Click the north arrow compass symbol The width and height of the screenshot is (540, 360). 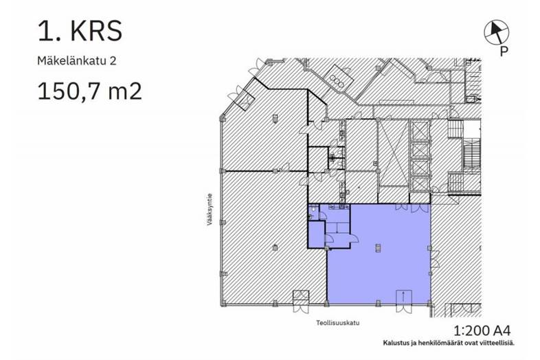[496, 32]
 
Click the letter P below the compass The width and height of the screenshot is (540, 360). [504, 52]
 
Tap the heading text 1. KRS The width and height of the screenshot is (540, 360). [80, 31]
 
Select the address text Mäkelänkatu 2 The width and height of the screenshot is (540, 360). [77, 61]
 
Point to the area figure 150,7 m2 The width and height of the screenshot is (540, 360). [89, 91]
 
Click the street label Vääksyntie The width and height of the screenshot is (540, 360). [210, 210]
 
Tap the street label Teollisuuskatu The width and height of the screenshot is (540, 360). [338, 323]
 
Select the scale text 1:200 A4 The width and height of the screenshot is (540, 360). [482, 330]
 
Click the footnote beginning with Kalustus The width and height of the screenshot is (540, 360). [449, 343]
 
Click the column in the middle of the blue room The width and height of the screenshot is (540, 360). [378, 248]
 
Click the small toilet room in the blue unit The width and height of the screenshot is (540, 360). [313, 212]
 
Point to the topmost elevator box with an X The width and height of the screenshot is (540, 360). [420, 131]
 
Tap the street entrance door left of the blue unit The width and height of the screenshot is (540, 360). [301, 301]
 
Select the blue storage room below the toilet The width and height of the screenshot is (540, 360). [317, 234]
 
